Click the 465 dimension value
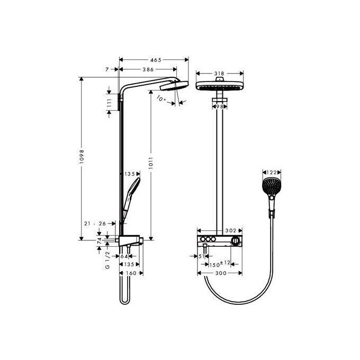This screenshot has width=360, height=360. click(155, 60)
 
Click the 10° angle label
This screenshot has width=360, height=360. click(161, 98)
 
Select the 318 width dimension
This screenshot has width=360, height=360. click(219, 74)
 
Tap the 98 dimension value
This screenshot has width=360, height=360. click(219, 106)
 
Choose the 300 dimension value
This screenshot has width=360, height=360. click(222, 273)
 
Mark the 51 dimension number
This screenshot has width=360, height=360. click(202, 256)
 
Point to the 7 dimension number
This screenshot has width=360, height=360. click(107, 69)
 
